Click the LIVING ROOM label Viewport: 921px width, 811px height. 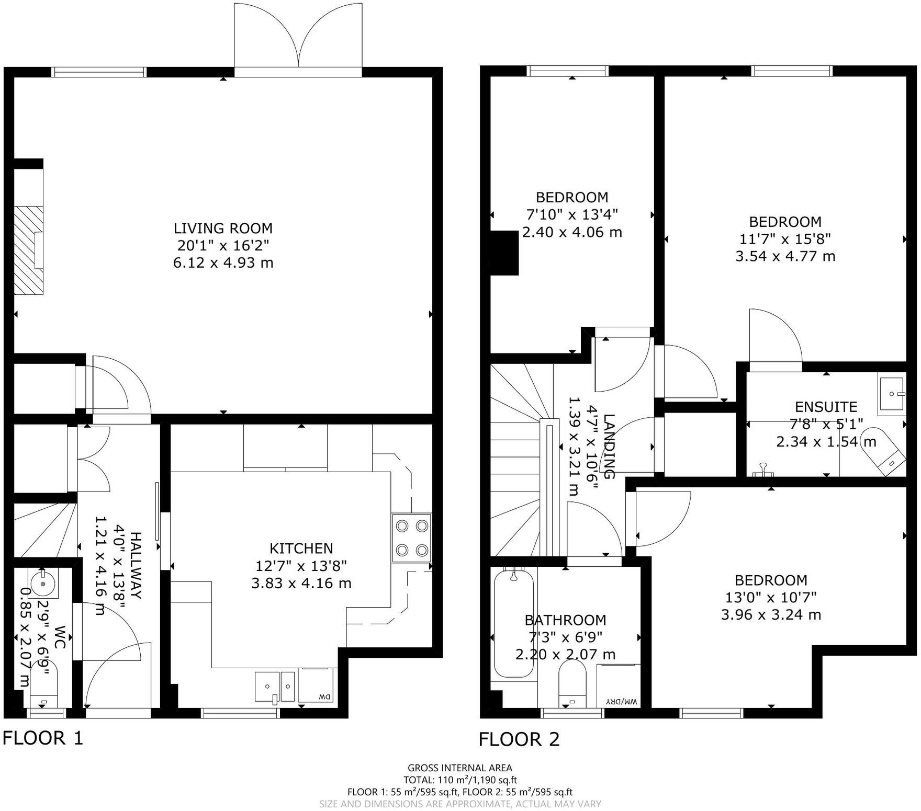(x=223, y=228)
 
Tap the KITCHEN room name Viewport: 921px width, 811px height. (x=301, y=548)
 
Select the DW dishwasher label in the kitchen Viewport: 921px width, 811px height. (x=324, y=696)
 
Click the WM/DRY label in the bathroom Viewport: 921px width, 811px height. (x=621, y=701)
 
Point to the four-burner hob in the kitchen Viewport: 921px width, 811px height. (x=411, y=538)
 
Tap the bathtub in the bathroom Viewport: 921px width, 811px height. (x=513, y=623)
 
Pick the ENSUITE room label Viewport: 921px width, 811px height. (x=826, y=407)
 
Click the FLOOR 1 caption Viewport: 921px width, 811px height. (x=43, y=738)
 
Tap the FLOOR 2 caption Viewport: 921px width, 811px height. (x=519, y=739)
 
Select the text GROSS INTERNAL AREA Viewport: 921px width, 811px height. (x=460, y=768)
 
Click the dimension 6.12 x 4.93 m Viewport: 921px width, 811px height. (x=223, y=262)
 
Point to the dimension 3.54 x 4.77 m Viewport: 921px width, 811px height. (x=785, y=256)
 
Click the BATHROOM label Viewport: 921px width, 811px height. (x=565, y=620)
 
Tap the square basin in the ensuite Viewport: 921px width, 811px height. (x=892, y=394)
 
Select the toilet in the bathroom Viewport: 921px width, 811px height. (x=573, y=683)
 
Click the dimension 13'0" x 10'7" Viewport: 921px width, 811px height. (x=771, y=597)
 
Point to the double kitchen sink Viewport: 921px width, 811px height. (x=275, y=687)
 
